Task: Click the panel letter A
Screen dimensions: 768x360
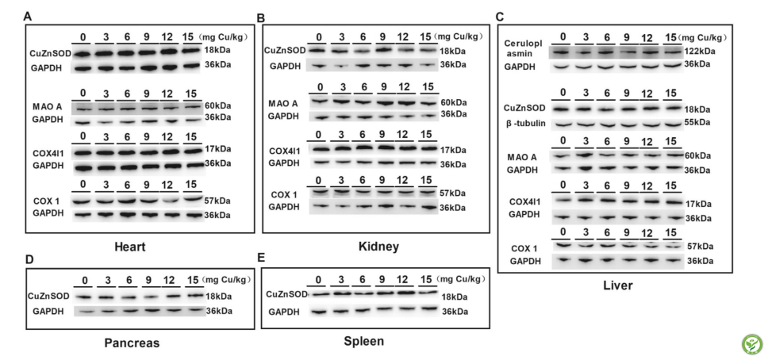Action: click(28, 17)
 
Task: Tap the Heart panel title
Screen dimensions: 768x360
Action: click(129, 247)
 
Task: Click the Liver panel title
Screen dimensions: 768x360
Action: click(617, 285)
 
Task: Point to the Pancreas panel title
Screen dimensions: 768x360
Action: click(132, 343)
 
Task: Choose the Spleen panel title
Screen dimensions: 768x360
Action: click(363, 342)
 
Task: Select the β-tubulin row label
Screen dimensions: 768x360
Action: click(525, 122)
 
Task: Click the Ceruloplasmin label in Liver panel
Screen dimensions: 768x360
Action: click(521, 48)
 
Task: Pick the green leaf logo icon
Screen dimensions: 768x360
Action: click(752, 344)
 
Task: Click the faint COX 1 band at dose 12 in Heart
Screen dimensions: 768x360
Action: click(170, 201)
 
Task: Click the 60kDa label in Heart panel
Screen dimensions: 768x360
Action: click(218, 105)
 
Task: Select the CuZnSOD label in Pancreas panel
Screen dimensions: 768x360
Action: click(48, 296)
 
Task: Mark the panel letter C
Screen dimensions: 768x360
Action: click(500, 17)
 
